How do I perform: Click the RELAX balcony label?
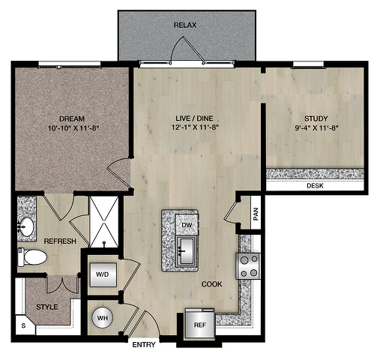coord(185,25)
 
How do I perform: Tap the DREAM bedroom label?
coord(72,118)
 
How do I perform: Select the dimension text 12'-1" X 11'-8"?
coord(195,127)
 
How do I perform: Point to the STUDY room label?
coord(316,118)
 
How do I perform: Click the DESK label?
coord(315,186)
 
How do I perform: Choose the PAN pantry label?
coord(256,214)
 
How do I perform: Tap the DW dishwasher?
coord(187,225)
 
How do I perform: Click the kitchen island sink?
coord(186,250)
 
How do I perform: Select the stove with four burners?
coord(249,266)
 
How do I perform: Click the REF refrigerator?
coord(200,324)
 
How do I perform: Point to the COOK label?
coord(212,284)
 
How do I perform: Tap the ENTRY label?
coord(144,345)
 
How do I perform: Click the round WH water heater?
coord(103,318)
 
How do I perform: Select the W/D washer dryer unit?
coord(103,274)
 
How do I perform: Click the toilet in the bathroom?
coord(32,257)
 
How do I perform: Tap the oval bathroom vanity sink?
coord(26,227)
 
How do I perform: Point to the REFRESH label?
coord(60,241)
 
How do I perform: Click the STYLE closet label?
coord(47,307)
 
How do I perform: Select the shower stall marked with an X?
coord(104,222)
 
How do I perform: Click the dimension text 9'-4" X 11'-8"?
coord(316,128)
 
